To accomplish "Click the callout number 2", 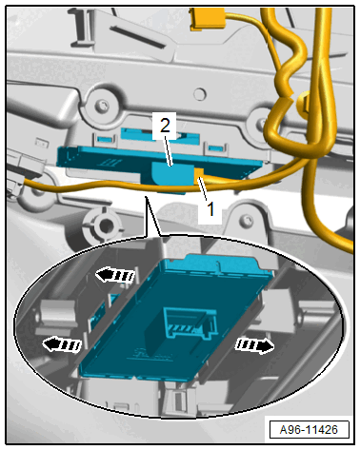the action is tap(165, 126).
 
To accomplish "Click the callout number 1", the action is tap(210, 209).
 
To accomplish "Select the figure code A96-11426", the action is tap(309, 430).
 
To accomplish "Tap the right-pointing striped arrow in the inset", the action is tap(254, 345).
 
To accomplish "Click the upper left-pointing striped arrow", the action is tap(115, 275).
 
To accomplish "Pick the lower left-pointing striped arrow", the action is tap(62, 344).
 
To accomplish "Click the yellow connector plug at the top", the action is tap(208, 20).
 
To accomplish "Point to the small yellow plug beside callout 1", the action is tap(199, 176).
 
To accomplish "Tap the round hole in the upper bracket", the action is tap(200, 94).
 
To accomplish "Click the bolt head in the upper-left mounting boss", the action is tap(102, 105).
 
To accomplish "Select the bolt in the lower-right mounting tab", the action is tap(247, 219).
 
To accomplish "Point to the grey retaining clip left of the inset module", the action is tap(56, 314).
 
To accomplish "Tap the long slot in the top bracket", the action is tap(137, 36).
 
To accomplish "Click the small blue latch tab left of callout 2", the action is tap(105, 138).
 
